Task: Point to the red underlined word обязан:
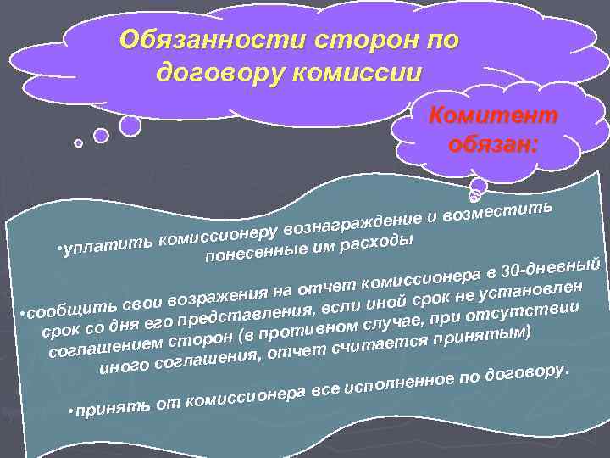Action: coord(492,142)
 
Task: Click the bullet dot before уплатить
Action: coord(56,252)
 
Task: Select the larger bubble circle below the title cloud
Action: coord(130,126)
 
